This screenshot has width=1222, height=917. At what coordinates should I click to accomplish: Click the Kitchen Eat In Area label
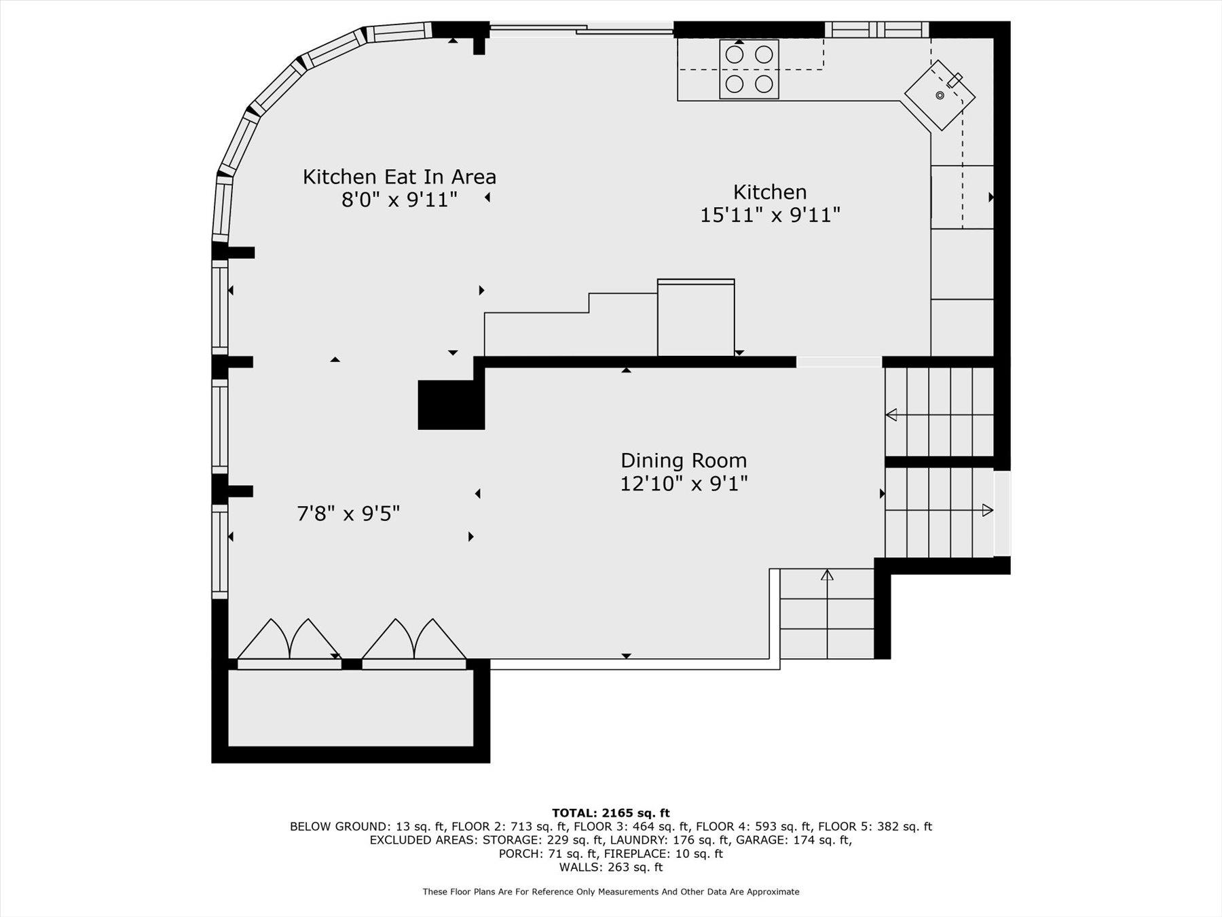pos(399,177)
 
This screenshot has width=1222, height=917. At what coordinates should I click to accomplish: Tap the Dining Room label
pos(684,461)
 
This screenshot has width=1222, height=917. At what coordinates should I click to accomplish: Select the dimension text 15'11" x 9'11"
pos(770,215)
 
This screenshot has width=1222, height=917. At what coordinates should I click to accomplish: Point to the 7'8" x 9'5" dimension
pos(348,514)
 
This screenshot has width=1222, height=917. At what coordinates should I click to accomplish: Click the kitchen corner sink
pos(940,95)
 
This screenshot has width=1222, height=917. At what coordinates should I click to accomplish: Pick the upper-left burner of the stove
pos(734,54)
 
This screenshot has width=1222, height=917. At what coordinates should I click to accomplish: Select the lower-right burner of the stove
pos(764,84)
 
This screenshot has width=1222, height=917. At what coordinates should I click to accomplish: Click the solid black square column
pos(451,405)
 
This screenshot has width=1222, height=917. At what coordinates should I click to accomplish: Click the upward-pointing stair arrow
pos(827,575)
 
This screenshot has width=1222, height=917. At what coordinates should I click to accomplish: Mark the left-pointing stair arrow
pos(891,414)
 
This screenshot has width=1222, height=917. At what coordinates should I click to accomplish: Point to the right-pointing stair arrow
pos(987,510)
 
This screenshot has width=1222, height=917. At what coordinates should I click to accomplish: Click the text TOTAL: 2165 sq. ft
pos(610,812)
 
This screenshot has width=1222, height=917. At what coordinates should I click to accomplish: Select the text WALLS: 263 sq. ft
pos(610,867)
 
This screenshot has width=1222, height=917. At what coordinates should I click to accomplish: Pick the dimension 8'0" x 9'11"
pos(399,200)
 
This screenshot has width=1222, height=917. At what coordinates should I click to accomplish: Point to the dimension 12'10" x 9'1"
pos(684,484)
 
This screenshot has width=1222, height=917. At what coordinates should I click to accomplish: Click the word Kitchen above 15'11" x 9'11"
pos(770,192)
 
